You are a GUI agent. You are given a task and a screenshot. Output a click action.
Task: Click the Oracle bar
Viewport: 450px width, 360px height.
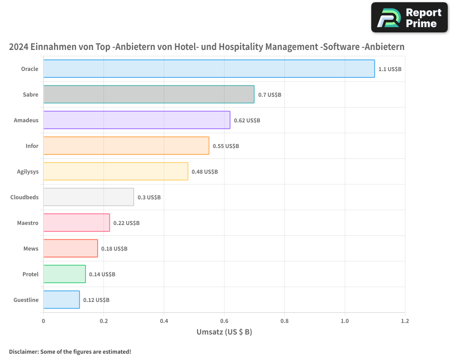pos(209,69)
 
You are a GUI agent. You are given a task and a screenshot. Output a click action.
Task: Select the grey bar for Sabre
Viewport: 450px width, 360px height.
pos(148,94)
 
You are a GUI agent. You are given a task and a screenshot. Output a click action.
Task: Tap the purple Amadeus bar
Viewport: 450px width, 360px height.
pos(136,120)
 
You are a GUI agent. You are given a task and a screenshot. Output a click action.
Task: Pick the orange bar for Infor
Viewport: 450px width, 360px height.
pos(126,146)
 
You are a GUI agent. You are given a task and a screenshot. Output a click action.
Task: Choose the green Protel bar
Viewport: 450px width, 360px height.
pos(64,274)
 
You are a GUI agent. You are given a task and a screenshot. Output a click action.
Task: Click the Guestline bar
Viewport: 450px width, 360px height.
pos(61,300)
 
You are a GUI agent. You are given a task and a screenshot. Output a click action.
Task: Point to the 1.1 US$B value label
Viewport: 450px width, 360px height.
pos(390,69)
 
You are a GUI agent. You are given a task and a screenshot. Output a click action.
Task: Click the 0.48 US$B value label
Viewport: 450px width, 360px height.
pos(204,172)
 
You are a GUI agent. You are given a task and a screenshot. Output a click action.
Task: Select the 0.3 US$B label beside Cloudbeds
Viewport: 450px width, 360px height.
pos(149,198)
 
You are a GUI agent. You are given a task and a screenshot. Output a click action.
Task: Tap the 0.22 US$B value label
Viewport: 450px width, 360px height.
pos(126,223)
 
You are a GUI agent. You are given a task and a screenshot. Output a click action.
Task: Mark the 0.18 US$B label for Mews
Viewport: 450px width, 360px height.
pos(114,249)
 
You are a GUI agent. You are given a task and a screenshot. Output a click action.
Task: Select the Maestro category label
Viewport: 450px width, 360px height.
pos(28,223)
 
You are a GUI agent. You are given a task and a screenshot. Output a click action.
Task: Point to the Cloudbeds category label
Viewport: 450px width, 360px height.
pos(24,198)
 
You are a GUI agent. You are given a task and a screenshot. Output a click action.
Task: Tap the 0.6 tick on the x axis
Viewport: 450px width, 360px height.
pos(224,321)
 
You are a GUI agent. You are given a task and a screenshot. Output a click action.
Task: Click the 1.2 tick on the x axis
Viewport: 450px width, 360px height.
pos(405,321)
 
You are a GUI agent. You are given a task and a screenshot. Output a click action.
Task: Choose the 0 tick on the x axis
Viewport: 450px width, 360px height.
pos(43,321)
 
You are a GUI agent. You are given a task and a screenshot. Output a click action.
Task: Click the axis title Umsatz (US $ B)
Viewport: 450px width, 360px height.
pos(224,332)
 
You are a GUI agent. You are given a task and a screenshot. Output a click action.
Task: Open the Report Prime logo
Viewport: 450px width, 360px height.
pos(409,18)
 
